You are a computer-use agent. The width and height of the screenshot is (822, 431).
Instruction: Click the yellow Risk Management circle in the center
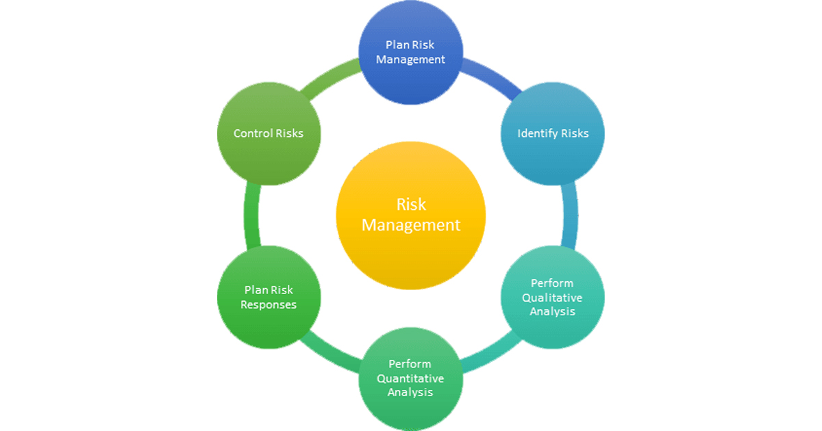[x=411, y=215]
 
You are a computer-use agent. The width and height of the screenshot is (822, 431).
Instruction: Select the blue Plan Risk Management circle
[x=410, y=53]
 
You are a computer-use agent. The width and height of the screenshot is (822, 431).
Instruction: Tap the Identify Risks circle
[x=553, y=133]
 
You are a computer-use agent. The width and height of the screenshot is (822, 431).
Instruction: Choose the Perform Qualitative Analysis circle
[x=553, y=297]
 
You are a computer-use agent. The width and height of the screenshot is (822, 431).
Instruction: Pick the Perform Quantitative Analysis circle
[x=410, y=379]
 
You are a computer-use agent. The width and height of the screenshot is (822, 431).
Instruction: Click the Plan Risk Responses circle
[x=269, y=297]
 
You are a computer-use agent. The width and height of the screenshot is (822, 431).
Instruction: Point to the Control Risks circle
[x=269, y=133]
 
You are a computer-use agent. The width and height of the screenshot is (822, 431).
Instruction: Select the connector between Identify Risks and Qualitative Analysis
[x=569, y=215]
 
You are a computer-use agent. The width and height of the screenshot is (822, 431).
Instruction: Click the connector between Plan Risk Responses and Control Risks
[x=252, y=215]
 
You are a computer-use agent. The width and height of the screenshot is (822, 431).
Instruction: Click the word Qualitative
[x=552, y=298]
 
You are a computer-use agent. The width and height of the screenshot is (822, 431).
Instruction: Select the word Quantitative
[x=410, y=378]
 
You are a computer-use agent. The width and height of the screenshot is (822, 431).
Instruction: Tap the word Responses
[x=269, y=305]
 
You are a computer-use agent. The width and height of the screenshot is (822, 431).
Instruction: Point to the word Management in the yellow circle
[x=411, y=225]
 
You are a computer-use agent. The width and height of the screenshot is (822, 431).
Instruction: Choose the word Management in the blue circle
[x=410, y=60]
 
